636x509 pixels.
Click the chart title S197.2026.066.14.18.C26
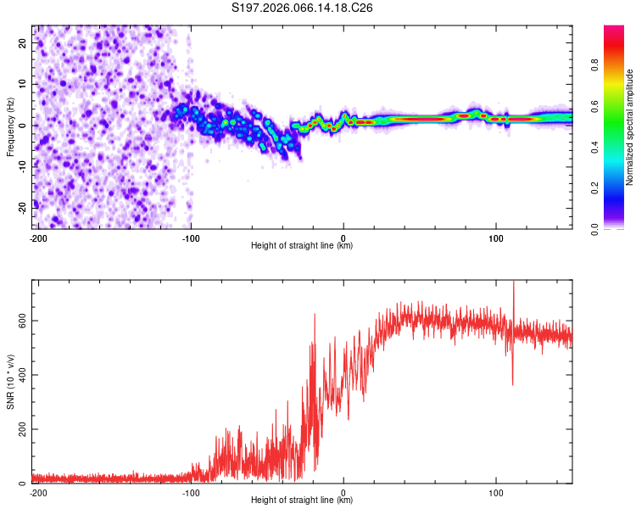tap(303, 8)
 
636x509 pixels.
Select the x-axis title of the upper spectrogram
tap(302, 245)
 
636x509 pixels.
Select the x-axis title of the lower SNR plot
tap(302, 500)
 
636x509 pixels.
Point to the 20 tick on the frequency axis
tap(23, 44)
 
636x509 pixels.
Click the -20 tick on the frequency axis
tap(21, 205)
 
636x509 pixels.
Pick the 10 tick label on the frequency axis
tap(23, 85)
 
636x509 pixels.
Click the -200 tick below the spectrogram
tap(38, 238)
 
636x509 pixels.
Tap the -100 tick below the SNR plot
tap(191, 492)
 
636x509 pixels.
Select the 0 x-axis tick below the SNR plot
tap(343, 492)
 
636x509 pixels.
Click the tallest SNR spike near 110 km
tap(513, 283)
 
